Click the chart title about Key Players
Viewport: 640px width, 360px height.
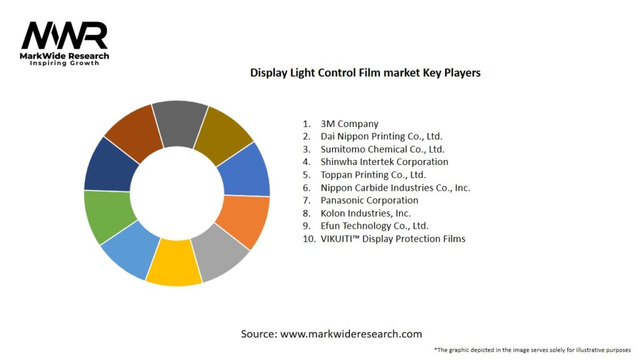365,72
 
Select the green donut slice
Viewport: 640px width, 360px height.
104,216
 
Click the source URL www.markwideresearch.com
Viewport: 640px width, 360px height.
351,334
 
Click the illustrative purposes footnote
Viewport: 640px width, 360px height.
532,350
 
